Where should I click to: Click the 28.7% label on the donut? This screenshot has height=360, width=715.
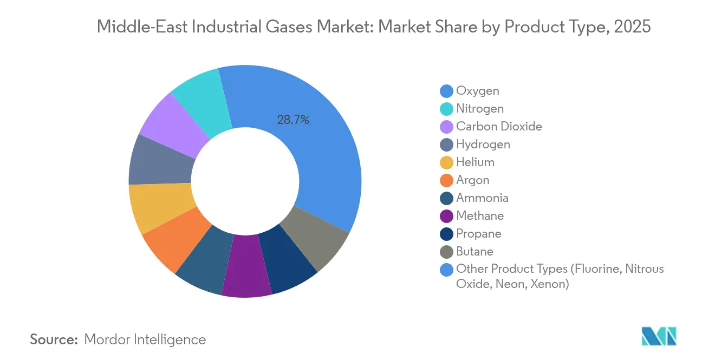[293, 120]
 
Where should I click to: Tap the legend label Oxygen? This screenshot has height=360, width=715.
[477, 90]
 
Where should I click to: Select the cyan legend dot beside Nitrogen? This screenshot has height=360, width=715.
[447, 109]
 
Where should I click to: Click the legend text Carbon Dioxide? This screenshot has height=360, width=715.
[499, 126]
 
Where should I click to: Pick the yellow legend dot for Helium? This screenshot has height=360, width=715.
[447, 162]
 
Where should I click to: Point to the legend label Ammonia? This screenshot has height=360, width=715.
[482, 198]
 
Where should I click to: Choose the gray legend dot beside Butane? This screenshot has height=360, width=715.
[447, 251]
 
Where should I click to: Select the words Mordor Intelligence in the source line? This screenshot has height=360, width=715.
[145, 339]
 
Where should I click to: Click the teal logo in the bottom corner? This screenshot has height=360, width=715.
[659, 336]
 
